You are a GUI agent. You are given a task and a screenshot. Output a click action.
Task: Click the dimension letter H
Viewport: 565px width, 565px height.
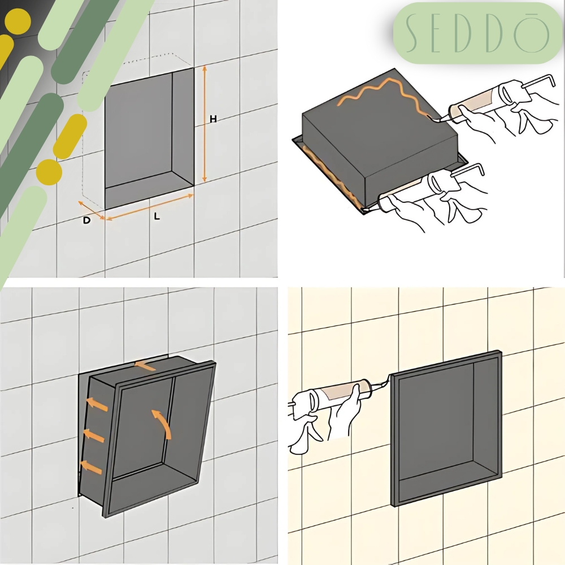coord(213,119)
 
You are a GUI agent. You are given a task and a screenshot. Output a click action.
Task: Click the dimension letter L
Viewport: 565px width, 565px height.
coord(157,216)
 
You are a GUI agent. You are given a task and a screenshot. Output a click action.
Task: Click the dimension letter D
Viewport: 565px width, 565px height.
coord(86,220)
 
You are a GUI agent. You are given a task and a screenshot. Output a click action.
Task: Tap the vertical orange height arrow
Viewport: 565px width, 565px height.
coord(205,124)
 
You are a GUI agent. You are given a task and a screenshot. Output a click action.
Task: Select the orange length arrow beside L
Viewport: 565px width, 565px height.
coord(150,207)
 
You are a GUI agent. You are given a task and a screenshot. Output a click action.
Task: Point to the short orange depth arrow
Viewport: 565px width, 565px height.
coord(92,210)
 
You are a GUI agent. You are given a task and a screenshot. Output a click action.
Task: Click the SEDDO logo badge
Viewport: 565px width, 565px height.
coord(478,33)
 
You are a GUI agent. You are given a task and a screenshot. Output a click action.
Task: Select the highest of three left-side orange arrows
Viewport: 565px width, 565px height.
coord(97,405)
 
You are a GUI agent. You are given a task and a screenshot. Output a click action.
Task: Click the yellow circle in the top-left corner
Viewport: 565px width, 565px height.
coord(18,21)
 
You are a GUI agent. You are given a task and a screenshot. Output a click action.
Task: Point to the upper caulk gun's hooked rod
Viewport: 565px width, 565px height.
coord(537,81)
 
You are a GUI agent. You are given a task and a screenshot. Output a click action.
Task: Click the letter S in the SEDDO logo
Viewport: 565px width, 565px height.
coord(412,33)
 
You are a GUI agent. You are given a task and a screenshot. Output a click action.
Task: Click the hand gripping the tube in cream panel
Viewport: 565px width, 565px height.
coord(346,411)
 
